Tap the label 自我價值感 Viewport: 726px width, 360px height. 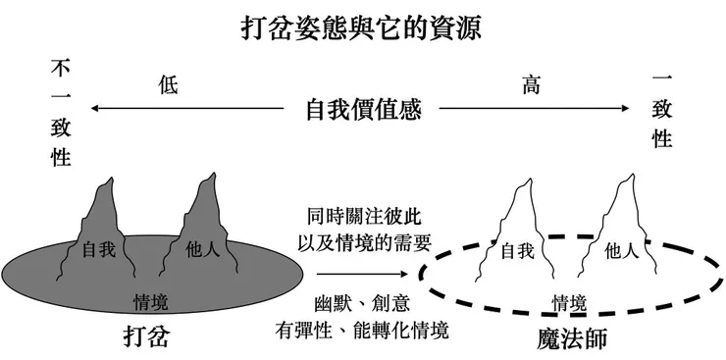point(363,109)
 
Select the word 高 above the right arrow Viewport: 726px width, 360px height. point(532,85)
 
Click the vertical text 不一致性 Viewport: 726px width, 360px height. point(61,113)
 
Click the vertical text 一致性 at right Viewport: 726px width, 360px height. point(662,112)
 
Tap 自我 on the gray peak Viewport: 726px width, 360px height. point(98,249)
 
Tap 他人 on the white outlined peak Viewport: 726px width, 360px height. point(620,250)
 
